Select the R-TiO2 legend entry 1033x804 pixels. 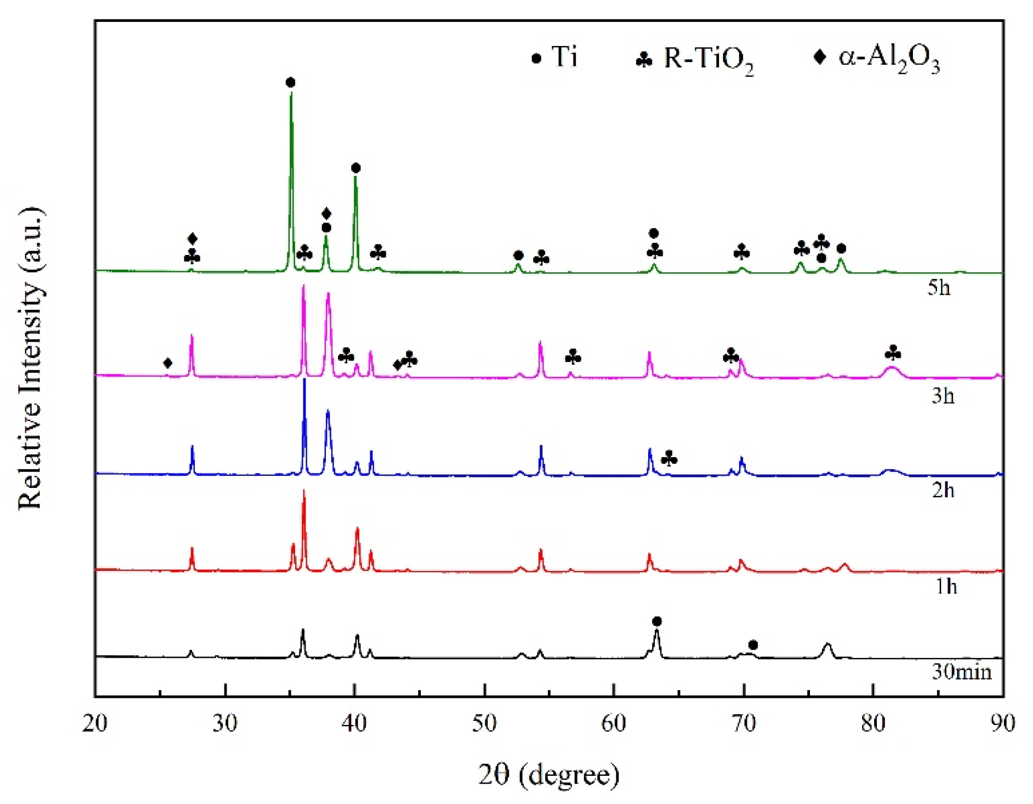click(x=695, y=59)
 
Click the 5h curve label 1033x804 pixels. click(x=938, y=288)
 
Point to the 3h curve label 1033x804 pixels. click(x=943, y=396)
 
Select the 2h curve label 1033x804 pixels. click(x=943, y=490)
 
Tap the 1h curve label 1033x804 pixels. click(x=945, y=587)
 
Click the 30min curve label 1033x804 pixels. click(x=961, y=671)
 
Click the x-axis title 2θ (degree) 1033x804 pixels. click(x=548, y=775)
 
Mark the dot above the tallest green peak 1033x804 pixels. click(x=291, y=83)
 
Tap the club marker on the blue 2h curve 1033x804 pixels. click(x=669, y=459)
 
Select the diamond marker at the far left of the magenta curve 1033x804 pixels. click(x=168, y=363)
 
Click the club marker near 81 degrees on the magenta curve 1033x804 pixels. click(x=893, y=353)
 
